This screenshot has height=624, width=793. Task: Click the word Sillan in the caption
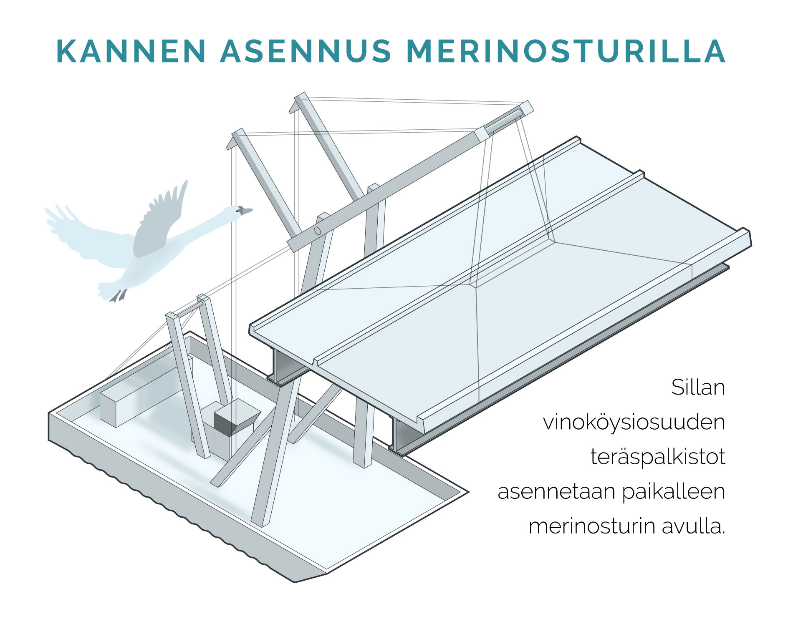697,388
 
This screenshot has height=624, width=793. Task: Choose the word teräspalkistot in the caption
657,457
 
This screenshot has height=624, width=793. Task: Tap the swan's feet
118,296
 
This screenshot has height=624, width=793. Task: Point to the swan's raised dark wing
161,221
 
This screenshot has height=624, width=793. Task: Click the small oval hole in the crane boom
317,231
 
